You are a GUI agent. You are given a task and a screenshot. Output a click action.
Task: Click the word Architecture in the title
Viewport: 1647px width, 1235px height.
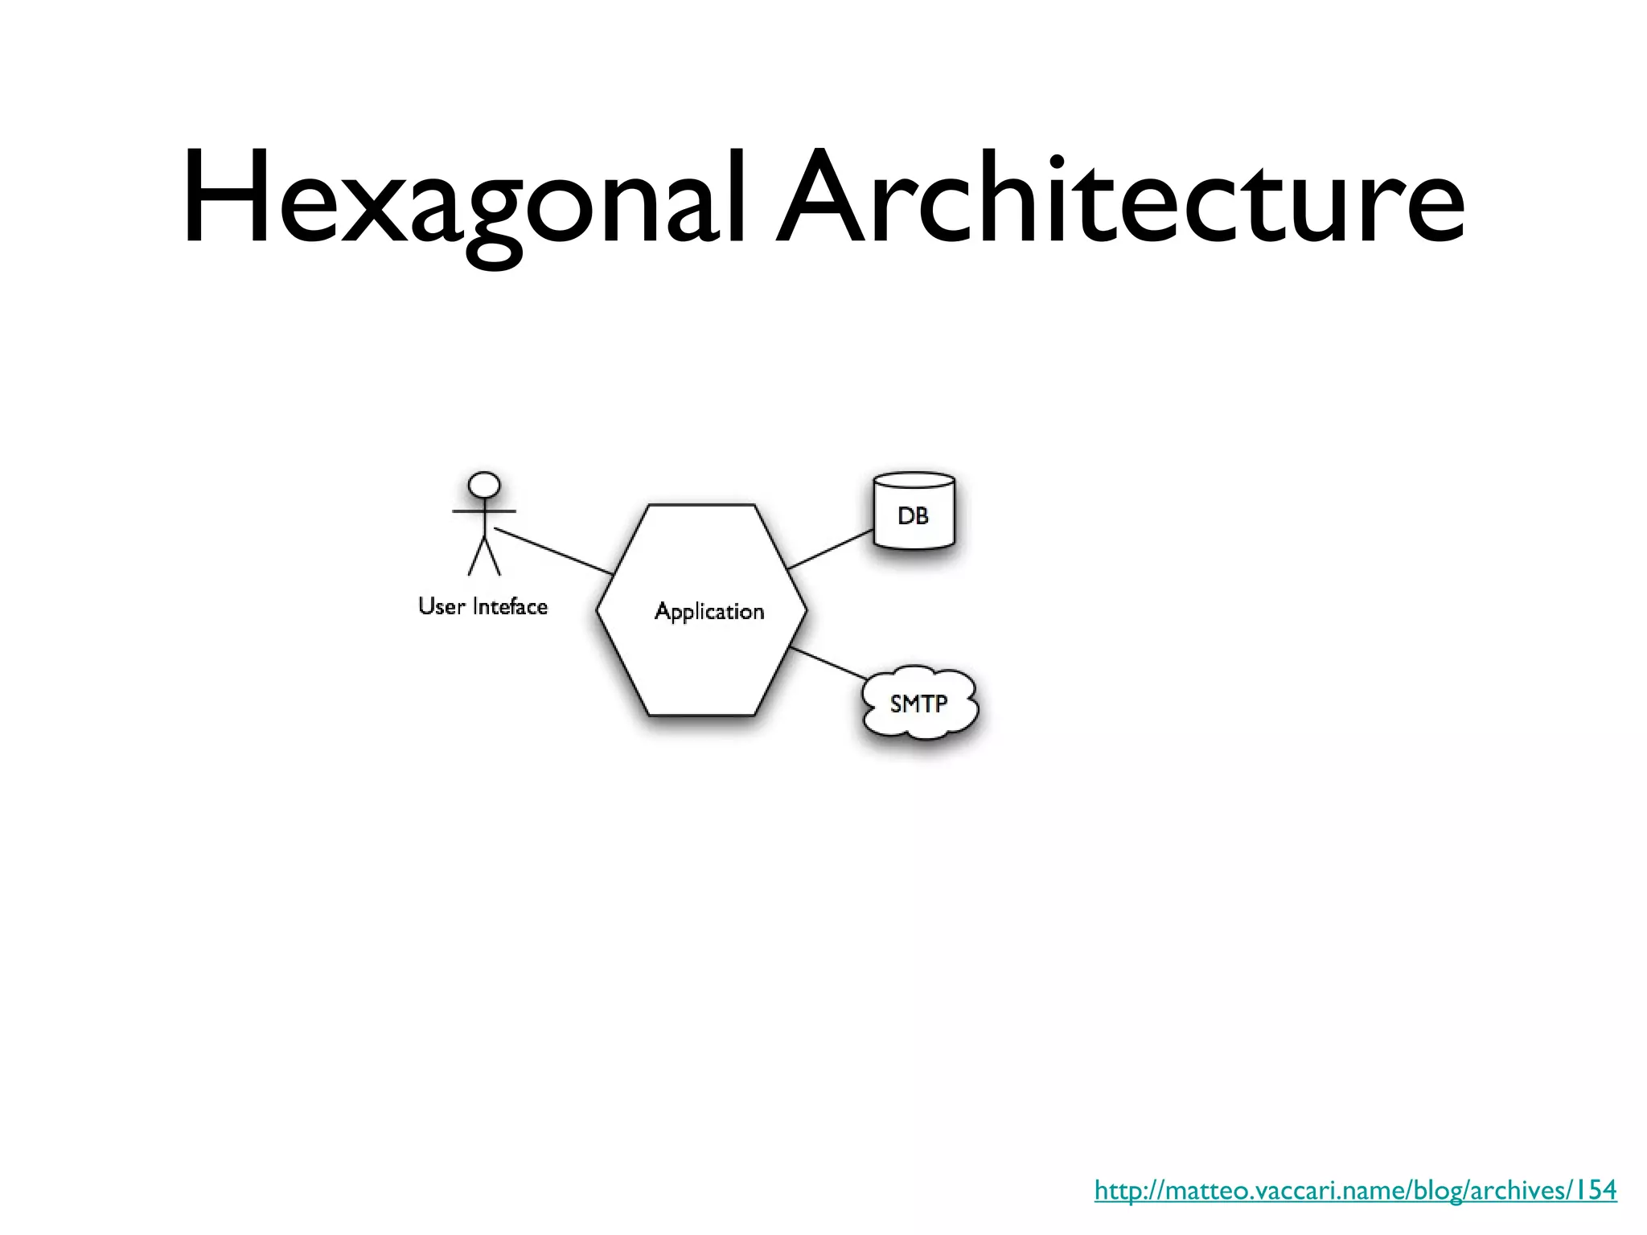click(1122, 197)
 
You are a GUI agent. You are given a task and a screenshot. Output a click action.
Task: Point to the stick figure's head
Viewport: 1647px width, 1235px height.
click(484, 486)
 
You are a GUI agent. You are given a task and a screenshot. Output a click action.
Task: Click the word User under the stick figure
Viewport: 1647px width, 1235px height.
click(442, 606)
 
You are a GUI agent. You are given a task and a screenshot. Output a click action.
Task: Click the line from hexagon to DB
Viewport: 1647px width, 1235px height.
click(830, 549)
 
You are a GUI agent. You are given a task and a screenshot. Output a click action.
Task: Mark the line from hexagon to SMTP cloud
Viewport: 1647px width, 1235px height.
click(828, 664)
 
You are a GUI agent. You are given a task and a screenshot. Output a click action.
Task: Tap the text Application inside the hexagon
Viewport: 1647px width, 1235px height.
click(709, 612)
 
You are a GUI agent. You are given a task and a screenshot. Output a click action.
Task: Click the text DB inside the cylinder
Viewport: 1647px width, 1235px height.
click(913, 516)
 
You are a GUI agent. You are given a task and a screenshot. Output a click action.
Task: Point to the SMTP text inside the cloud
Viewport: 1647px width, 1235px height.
click(918, 704)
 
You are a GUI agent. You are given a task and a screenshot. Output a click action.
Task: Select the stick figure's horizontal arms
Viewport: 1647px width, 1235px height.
click(484, 511)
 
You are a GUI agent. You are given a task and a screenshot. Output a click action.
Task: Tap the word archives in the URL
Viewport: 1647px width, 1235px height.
click(1511, 1190)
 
